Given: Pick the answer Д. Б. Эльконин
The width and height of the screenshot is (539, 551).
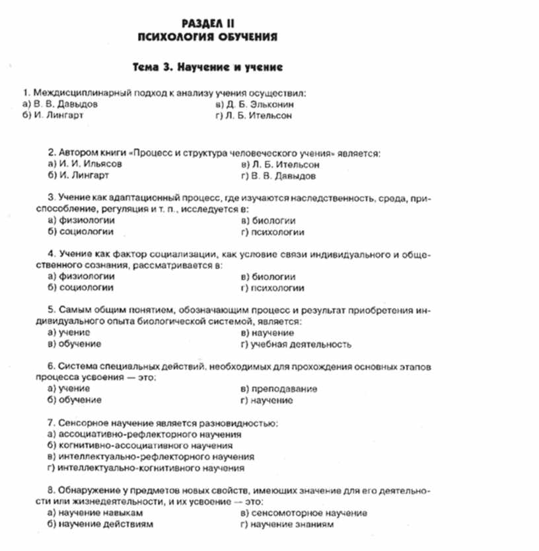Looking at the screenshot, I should (259, 104).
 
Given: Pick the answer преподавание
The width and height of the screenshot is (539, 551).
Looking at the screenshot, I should (285, 389).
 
